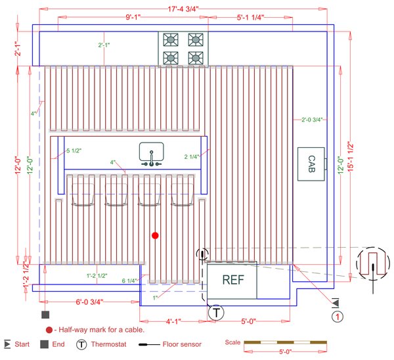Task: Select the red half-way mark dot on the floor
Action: click(155, 235)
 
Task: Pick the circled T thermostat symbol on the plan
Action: click(216, 313)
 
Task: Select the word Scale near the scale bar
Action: click(232, 342)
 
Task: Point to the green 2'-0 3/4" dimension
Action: click(311, 120)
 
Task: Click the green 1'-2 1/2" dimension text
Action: click(97, 275)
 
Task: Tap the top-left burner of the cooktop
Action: click(170, 39)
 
